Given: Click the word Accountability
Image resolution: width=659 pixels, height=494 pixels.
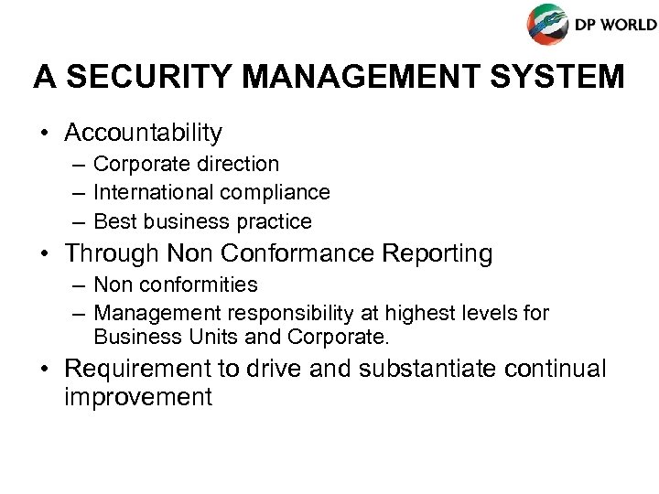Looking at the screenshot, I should coord(144,134).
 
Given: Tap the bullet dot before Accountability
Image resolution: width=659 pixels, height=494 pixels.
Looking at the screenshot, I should coord(44,134).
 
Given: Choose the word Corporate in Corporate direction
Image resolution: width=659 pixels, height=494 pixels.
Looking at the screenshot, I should coord(137,165).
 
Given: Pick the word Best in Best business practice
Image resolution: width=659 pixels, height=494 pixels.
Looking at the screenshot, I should coord(113,221).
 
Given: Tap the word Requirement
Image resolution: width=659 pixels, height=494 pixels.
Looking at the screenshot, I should coord(142,369).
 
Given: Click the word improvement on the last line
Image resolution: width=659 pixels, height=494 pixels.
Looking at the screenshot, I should coord(138,398).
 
